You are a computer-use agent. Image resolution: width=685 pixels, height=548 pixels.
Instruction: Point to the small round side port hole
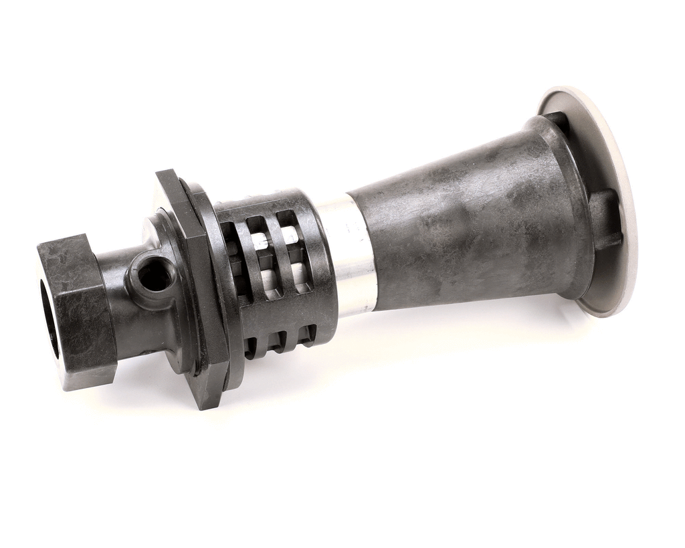(155, 277)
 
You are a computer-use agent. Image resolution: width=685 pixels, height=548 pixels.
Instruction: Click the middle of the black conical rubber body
(468, 221)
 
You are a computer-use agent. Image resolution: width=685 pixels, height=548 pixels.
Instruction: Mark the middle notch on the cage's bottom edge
(279, 341)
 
